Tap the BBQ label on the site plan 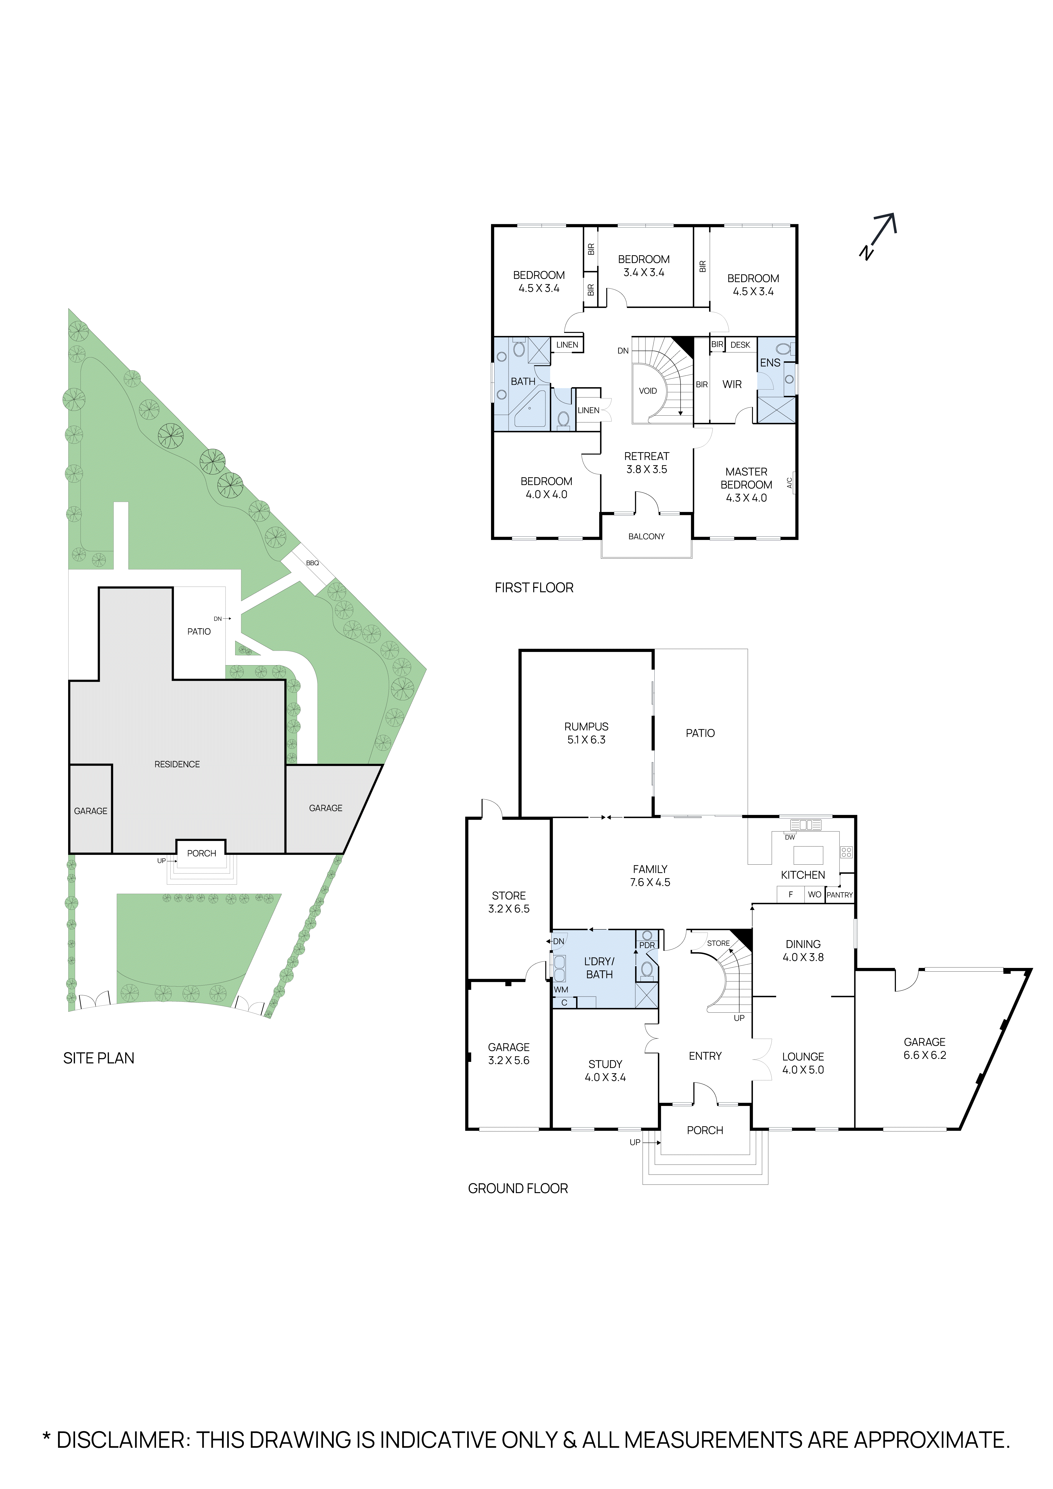tap(312, 563)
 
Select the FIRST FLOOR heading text tap(534, 587)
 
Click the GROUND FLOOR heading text tap(517, 1188)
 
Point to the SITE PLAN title tap(99, 1058)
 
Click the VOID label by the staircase tap(648, 391)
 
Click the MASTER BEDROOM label tap(746, 484)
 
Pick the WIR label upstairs tap(732, 385)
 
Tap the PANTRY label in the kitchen tap(840, 895)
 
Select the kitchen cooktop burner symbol tap(846, 852)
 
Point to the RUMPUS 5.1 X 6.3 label tap(586, 733)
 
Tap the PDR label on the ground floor tap(647, 945)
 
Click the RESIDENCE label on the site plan tap(177, 765)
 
